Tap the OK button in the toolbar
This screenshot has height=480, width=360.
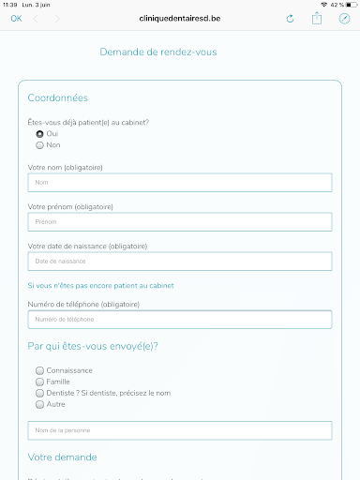16,19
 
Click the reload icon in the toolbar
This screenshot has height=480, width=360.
290,19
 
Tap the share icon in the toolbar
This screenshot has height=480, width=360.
317,19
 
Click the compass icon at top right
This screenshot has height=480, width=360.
344,19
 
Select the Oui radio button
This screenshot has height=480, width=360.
39,134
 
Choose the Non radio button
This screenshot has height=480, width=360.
39,145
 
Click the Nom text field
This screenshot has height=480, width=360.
180,182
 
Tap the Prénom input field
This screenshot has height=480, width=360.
180,222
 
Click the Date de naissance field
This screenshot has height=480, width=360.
180,261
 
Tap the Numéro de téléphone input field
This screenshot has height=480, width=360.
180,320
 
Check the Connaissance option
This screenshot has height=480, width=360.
39,370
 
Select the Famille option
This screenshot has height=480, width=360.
39,382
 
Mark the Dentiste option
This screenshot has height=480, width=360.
39,393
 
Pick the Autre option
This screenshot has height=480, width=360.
39,404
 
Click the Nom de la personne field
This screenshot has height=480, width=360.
180,430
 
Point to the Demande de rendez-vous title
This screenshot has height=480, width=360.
157,52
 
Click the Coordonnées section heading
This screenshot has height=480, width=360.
59,97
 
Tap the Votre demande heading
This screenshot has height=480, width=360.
62,457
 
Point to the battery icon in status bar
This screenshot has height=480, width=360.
349,5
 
